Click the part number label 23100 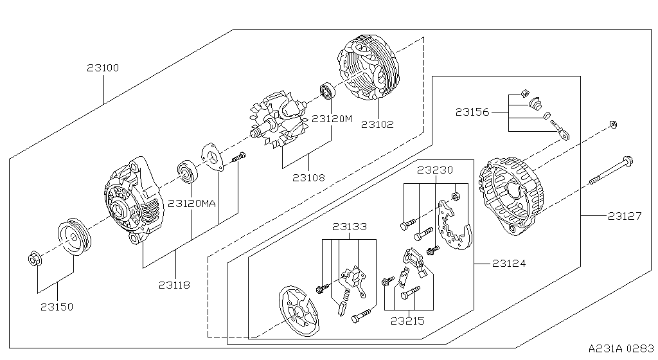[103, 67]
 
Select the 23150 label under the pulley [57, 307]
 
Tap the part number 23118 [174, 285]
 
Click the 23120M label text [332, 119]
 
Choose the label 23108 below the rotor [308, 177]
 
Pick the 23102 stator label [377, 125]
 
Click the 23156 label [473, 112]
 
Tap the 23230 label [435, 170]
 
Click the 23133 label [350, 226]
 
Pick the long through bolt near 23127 [607, 175]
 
